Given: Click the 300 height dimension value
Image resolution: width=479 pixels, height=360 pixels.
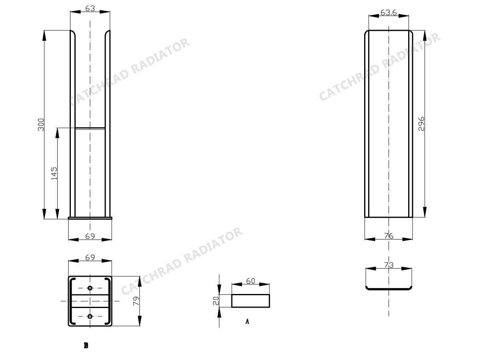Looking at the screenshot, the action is (x=41, y=124).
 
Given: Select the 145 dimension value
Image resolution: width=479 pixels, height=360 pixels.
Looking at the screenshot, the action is (x=54, y=173).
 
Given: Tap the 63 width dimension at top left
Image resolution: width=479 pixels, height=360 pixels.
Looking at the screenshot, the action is (x=90, y=8).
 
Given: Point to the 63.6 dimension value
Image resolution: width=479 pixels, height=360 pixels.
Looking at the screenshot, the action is (x=389, y=12).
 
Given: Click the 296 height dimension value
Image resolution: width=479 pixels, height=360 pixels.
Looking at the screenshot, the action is (x=421, y=124).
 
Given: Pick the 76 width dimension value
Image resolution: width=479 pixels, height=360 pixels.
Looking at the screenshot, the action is (x=389, y=236).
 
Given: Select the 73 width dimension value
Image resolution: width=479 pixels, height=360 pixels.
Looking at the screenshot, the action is (x=389, y=265).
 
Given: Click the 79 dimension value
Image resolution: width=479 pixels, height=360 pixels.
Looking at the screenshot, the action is (x=136, y=301).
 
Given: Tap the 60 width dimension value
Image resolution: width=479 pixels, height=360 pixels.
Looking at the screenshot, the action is (x=251, y=281).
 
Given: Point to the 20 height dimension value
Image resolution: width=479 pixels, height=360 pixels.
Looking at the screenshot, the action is (x=216, y=301).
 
